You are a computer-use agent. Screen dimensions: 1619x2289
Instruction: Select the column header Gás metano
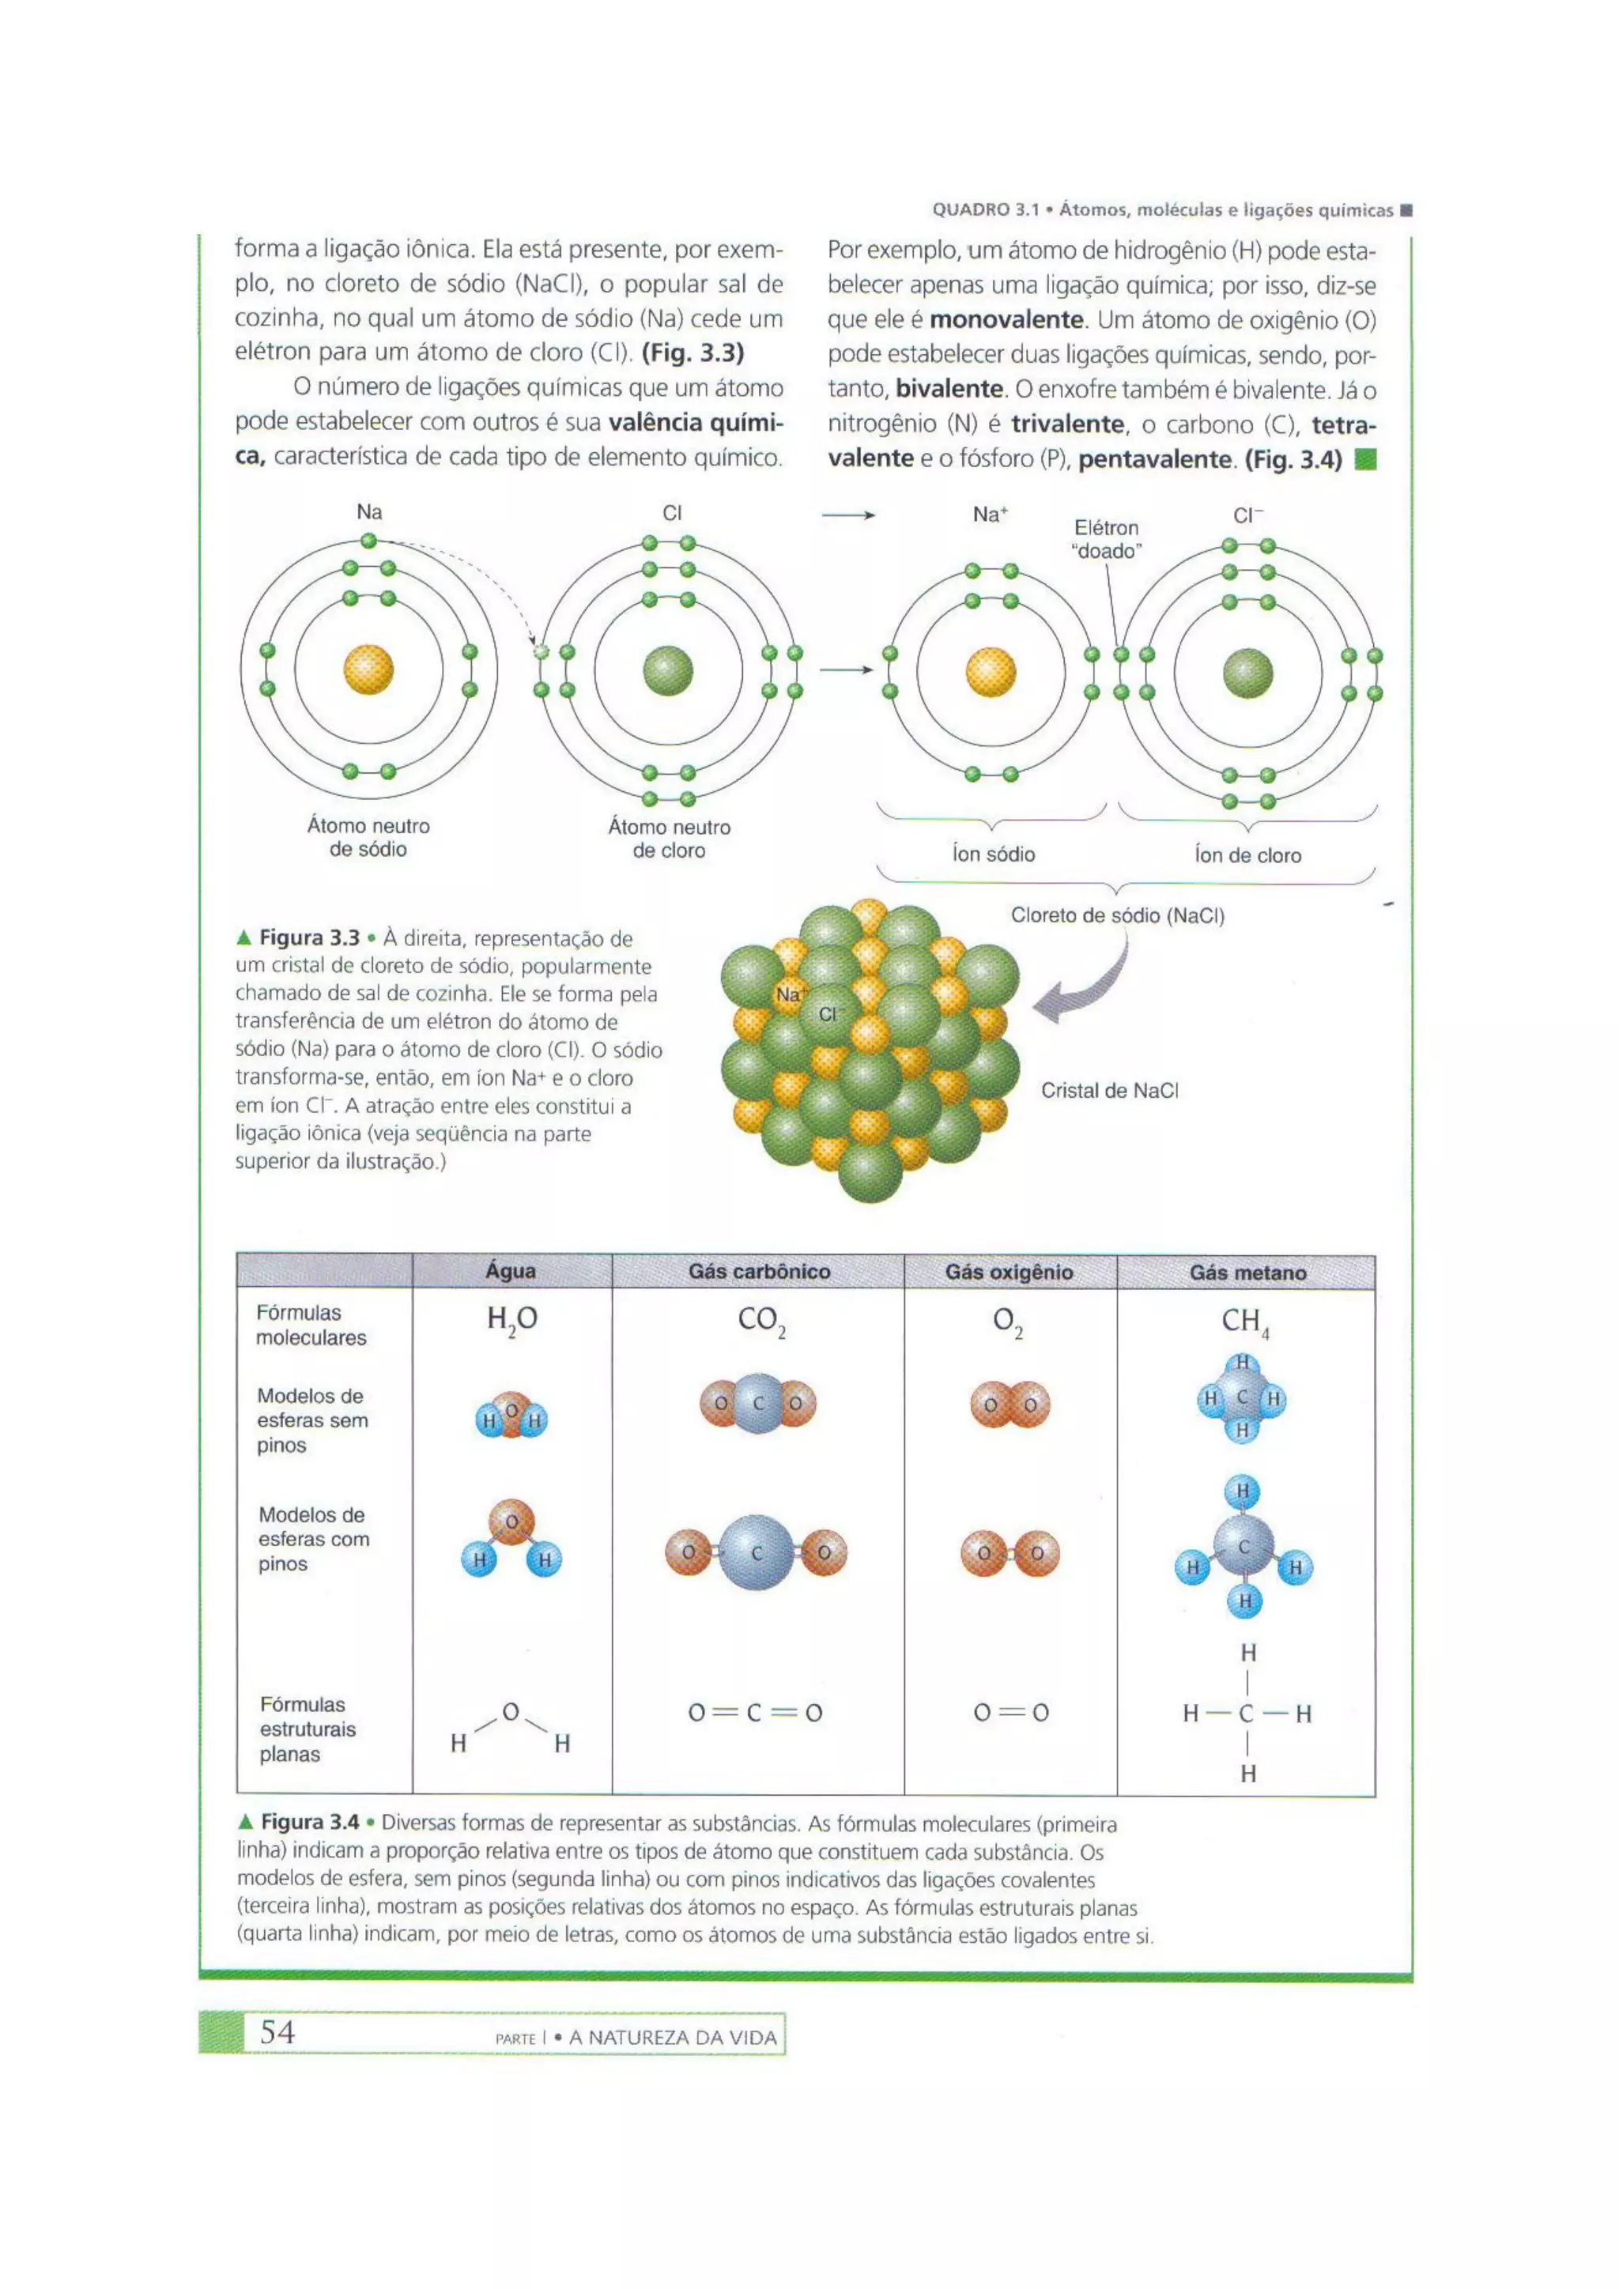click(1247, 1272)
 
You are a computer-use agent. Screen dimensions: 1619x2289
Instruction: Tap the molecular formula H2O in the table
click(511, 1320)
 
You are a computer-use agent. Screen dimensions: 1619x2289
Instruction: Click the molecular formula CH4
click(1245, 1322)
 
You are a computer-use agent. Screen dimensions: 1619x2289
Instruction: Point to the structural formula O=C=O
click(756, 1713)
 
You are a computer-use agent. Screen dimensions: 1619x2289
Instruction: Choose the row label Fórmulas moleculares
click(310, 1325)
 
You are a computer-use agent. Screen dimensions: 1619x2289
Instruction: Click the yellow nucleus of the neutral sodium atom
click(369, 670)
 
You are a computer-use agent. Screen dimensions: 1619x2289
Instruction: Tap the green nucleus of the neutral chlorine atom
click(668, 670)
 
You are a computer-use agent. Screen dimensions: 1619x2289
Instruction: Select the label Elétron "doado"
click(1107, 539)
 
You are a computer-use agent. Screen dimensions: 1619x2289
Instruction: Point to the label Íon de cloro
click(1247, 855)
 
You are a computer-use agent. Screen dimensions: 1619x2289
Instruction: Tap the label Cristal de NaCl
click(1110, 1091)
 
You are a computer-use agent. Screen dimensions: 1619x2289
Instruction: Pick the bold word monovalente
click(1006, 320)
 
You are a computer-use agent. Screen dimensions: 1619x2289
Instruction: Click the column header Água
click(511, 1271)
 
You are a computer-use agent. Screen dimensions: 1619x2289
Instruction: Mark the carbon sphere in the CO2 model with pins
click(757, 1552)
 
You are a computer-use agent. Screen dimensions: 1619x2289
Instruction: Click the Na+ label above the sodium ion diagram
click(990, 515)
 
